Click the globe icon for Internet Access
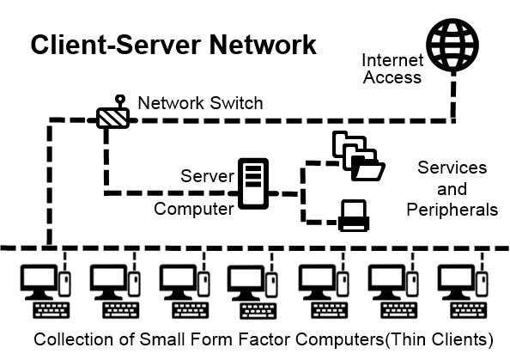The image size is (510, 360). [x=452, y=45]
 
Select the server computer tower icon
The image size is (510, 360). [x=253, y=184]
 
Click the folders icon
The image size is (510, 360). [x=359, y=156]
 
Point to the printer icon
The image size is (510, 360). [x=354, y=216]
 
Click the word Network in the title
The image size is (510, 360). [x=263, y=45]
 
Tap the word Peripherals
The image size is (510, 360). [x=452, y=210]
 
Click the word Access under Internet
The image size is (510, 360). [x=392, y=77]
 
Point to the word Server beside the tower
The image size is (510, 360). [x=207, y=176]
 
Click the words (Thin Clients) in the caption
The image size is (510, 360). [x=439, y=339]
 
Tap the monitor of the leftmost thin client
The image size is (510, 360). [x=39, y=282]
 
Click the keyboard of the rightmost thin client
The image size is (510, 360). [x=469, y=310]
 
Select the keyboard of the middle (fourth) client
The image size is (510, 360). [x=258, y=311]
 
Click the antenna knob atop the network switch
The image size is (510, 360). [x=120, y=99]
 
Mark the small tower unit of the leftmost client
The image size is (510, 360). [x=64, y=284]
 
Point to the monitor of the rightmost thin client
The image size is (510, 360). [x=456, y=282]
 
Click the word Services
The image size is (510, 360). [x=452, y=168]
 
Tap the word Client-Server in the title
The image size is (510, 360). [x=118, y=45]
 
